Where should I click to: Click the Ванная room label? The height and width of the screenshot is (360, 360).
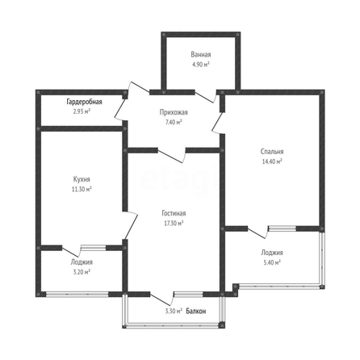(201, 55)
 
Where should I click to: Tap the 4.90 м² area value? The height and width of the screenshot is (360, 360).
(200, 65)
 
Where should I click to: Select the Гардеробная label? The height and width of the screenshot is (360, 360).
(84, 102)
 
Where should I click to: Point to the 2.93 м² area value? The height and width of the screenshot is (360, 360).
(82, 111)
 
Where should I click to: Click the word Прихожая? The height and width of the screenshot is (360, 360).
(174, 112)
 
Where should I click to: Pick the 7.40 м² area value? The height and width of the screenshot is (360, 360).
(174, 122)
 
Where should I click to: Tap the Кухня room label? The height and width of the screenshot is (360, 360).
(82, 179)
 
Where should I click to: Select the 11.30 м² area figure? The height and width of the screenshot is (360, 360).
(82, 189)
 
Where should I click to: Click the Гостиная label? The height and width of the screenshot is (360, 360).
(174, 213)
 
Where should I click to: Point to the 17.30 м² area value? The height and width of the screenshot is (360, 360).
(174, 223)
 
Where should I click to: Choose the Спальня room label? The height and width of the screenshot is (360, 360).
(272, 152)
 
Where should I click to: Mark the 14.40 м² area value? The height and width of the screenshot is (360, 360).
(272, 161)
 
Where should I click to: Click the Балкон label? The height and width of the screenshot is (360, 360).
(196, 312)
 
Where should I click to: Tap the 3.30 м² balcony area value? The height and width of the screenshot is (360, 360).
(174, 312)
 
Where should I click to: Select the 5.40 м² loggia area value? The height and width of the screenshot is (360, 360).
(272, 262)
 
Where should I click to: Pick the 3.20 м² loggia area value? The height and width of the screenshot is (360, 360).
(82, 272)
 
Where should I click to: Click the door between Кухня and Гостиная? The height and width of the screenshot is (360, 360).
(131, 225)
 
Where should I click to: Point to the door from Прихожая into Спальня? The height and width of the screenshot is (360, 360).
(219, 123)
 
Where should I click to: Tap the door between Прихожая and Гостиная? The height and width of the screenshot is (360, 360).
(172, 156)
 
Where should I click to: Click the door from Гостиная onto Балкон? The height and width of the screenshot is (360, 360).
(162, 299)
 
